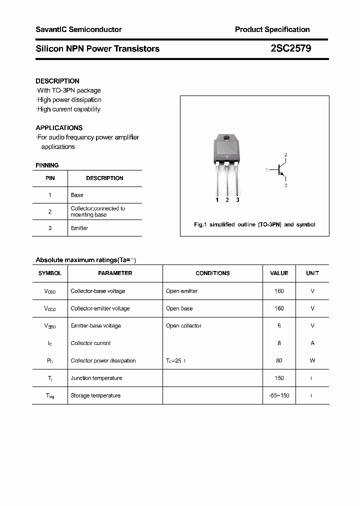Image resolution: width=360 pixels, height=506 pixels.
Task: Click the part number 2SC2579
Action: [x=290, y=48]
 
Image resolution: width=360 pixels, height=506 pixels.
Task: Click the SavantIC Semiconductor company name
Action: [x=78, y=29]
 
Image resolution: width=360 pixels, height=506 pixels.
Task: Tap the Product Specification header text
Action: [x=272, y=29]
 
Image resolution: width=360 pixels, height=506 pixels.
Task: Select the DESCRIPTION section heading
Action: [x=57, y=81]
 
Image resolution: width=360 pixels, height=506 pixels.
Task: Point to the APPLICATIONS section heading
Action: [x=59, y=127]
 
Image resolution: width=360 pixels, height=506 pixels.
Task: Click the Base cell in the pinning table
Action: [x=77, y=195]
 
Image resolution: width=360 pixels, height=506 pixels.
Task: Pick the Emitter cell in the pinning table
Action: [x=79, y=228]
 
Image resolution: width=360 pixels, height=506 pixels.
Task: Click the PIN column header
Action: [x=50, y=178]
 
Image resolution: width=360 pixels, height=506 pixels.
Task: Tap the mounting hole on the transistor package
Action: [x=226, y=138]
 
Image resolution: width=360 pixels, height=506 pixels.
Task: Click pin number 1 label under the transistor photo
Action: [x=217, y=200]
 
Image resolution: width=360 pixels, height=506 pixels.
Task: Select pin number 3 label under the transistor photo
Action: [x=237, y=200]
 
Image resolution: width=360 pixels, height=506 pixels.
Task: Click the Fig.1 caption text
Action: [x=254, y=224]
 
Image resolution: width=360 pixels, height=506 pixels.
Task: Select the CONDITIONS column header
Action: [x=212, y=273]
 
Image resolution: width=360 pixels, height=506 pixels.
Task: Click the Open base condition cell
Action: [x=179, y=308]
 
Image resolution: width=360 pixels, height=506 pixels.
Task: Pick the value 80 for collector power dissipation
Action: [x=279, y=360]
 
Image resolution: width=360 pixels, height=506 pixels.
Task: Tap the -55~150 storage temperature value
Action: [x=279, y=395]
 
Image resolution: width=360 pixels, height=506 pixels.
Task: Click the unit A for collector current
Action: [x=312, y=343]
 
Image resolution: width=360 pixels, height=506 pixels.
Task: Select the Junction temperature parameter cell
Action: [x=96, y=378]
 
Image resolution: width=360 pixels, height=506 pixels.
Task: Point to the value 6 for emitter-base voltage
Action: [x=279, y=325]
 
